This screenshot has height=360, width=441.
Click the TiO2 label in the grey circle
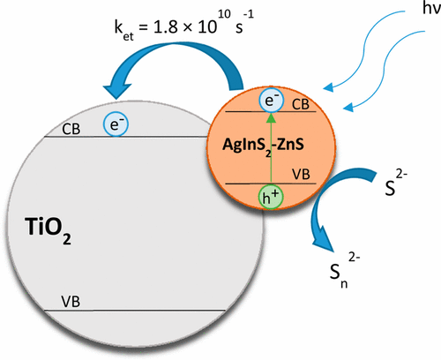48,230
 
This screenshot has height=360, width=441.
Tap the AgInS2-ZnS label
263,146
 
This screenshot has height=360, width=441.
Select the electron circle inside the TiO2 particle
116,124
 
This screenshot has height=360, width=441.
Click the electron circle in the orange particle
271,100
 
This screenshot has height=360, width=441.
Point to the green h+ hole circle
271,197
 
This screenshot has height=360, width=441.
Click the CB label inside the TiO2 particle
71,129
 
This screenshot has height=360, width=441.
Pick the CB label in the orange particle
301,104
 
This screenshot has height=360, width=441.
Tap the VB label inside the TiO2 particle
71,302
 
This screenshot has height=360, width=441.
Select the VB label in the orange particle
301,174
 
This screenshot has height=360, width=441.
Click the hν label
431,8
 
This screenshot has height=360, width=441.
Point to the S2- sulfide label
396,183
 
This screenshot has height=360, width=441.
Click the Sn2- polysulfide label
345,271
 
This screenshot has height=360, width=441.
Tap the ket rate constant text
184,26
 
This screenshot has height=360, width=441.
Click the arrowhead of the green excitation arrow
271,117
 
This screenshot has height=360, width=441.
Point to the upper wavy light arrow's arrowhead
328,87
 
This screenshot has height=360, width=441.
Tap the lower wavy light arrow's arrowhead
348,108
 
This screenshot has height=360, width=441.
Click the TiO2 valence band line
135,311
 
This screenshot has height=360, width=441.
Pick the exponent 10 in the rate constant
224,14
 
